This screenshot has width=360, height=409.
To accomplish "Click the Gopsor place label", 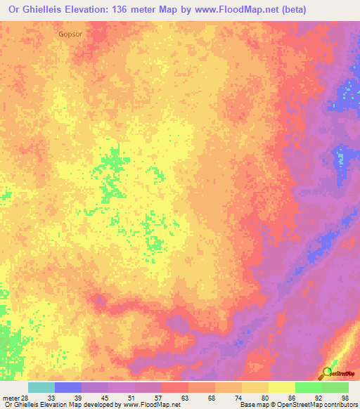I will pyautogui.click(x=71, y=33).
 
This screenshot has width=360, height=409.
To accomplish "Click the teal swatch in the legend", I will pyautogui.click(x=41, y=387).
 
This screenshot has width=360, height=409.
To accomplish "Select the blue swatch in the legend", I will pyautogui.click(x=68, y=387).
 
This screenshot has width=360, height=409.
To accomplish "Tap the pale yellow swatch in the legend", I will pyautogui.click(x=281, y=387).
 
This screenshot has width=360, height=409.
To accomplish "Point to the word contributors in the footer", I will pyautogui.click(x=340, y=405).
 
